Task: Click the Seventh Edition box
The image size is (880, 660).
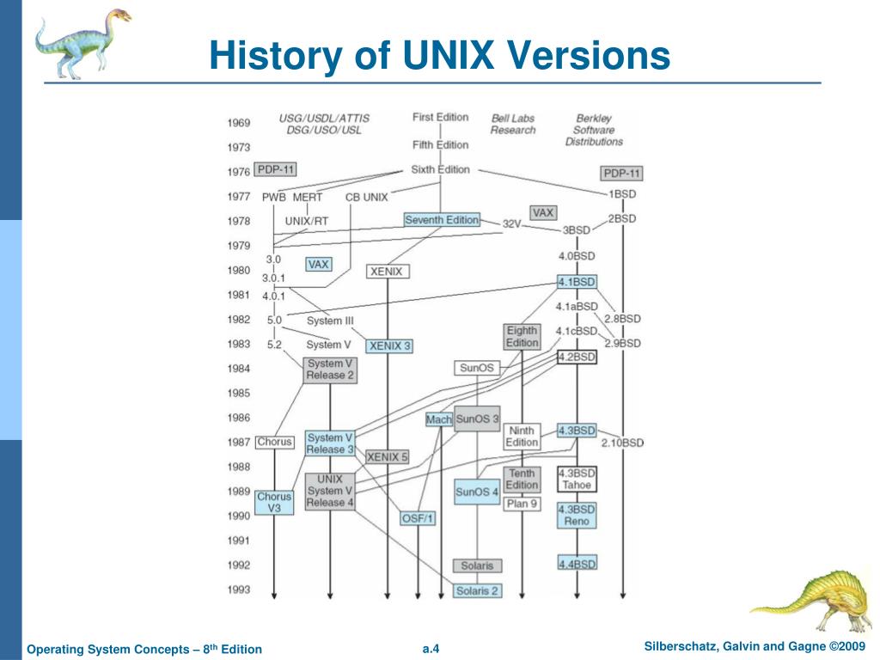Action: pyautogui.click(x=442, y=220)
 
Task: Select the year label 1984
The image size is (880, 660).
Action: pyautogui.click(x=239, y=369)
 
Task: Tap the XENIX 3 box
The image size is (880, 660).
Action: pyautogui.click(x=388, y=346)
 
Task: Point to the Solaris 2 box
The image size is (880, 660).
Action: pyautogui.click(x=477, y=590)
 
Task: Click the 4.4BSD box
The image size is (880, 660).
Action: pyautogui.click(x=577, y=565)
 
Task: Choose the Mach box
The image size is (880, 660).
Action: pyautogui.click(x=438, y=419)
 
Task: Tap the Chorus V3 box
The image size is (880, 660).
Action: pyautogui.click(x=274, y=503)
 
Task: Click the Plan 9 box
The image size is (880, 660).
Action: pyautogui.click(x=522, y=504)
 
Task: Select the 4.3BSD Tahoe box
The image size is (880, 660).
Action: pyautogui.click(x=577, y=480)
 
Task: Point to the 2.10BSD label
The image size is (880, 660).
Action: pyautogui.click(x=621, y=443)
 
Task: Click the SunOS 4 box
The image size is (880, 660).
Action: pyautogui.click(x=476, y=492)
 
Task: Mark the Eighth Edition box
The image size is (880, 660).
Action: pyautogui.click(x=522, y=336)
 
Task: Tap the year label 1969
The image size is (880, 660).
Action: pyautogui.click(x=239, y=123)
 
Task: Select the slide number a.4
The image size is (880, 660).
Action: pyautogui.click(x=431, y=648)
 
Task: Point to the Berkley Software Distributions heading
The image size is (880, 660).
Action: pyautogui.click(x=594, y=130)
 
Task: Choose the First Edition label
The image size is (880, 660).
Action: pyautogui.click(x=440, y=117)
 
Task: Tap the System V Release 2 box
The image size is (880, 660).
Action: pyautogui.click(x=330, y=370)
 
